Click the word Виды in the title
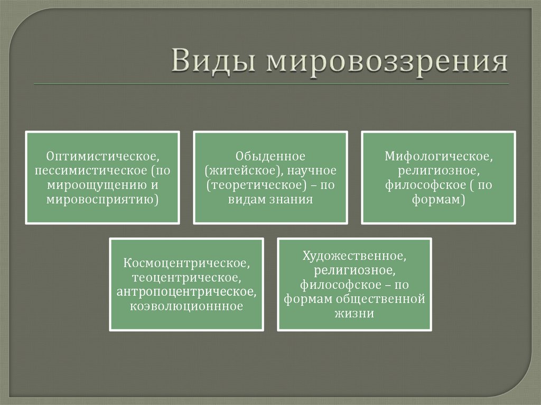[x=213, y=61]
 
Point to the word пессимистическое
[x=92, y=171]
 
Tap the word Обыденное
[x=270, y=156]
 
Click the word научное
[x=312, y=171]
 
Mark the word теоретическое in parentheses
[x=257, y=185]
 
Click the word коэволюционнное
[x=186, y=306]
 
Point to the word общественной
[x=380, y=299]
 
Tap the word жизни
[x=355, y=313]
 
